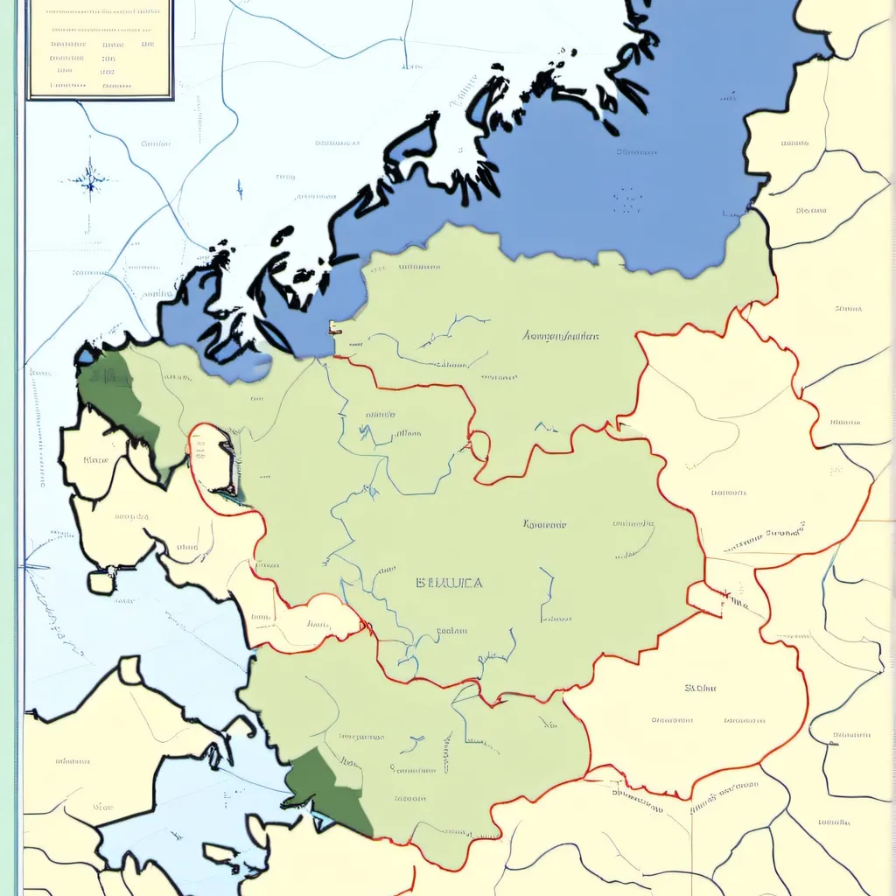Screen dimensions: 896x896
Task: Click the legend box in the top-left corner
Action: click(x=100, y=48)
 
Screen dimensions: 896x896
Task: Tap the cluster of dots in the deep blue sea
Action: click(x=627, y=200)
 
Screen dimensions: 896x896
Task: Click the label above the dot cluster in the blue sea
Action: click(x=636, y=151)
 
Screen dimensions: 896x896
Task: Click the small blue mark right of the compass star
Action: click(x=239, y=188)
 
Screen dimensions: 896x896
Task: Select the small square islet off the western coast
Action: click(x=101, y=581)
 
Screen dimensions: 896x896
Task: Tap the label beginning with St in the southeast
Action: click(x=700, y=688)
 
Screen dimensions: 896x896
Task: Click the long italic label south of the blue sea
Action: click(x=560, y=335)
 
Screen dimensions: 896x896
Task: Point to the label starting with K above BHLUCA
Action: click(x=544, y=525)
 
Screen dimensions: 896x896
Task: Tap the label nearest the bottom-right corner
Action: click(x=836, y=822)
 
